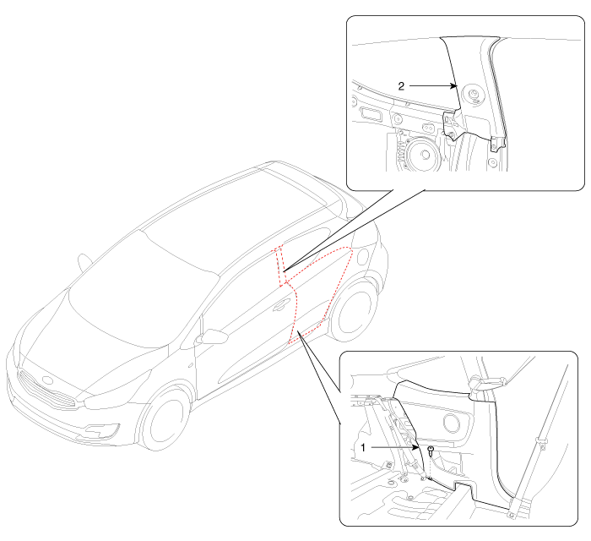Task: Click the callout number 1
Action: pos(363,447)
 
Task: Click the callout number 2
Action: pos(401,86)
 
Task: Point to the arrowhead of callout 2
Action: pos(453,86)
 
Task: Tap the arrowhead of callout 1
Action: pos(415,448)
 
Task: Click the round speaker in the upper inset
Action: pos(424,155)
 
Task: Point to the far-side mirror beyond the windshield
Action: pos(84,261)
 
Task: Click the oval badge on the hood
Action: pos(47,380)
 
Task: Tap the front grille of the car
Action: pos(46,389)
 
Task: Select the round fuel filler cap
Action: pos(362,256)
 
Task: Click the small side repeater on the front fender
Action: pos(191,365)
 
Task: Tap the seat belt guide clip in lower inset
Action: pos(541,443)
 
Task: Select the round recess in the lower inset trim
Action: pos(451,422)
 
